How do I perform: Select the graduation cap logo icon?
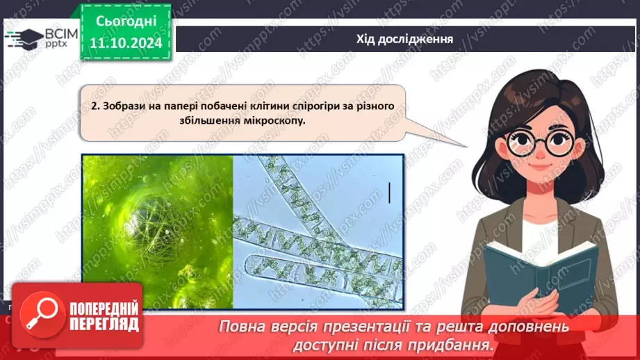(23, 38)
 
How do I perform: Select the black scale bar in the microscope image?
(389, 193)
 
